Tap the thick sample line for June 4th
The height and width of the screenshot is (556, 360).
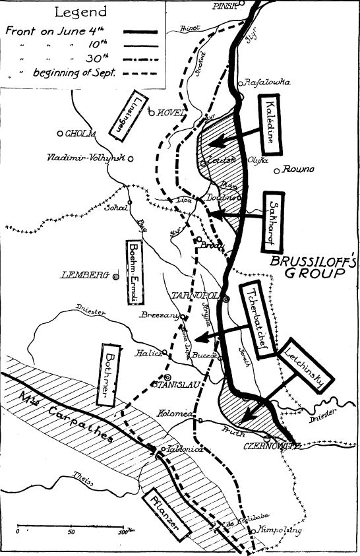pyautogui.click(x=133, y=31)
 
